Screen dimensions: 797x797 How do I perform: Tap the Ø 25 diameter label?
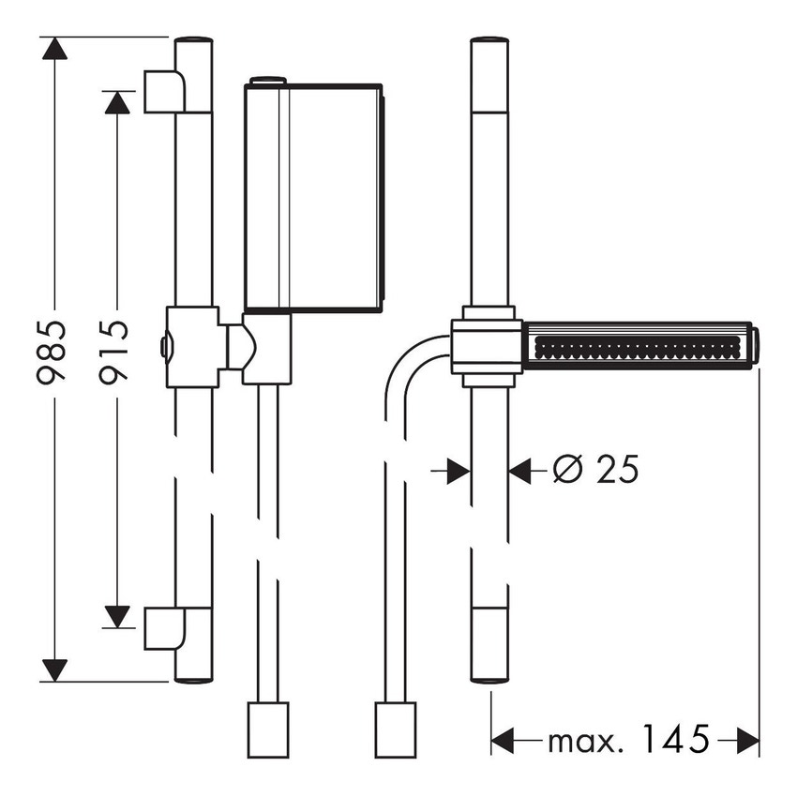click(x=595, y=469)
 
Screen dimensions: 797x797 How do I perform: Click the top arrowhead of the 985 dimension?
click(x=55, y=50)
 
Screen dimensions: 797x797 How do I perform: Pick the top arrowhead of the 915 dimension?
click(x=116, y=101)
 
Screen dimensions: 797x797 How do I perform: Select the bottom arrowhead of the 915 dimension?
click(x=116, y=616)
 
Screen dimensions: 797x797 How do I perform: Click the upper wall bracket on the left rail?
click(x=165, y=91)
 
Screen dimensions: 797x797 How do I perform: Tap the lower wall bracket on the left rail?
click(x=165, y=627)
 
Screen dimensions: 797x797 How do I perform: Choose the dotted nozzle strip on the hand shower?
click(x=638, y=346)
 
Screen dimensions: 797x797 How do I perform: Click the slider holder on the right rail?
click(x=486, y=346)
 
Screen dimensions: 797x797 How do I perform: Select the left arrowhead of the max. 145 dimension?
click(x=504, y=741)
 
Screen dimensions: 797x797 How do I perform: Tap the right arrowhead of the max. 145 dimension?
click(x=747, y=741)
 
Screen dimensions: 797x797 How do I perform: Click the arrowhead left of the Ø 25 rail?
click(x=458, y=470)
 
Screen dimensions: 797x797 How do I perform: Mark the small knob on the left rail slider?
click(x=164, y=348)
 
